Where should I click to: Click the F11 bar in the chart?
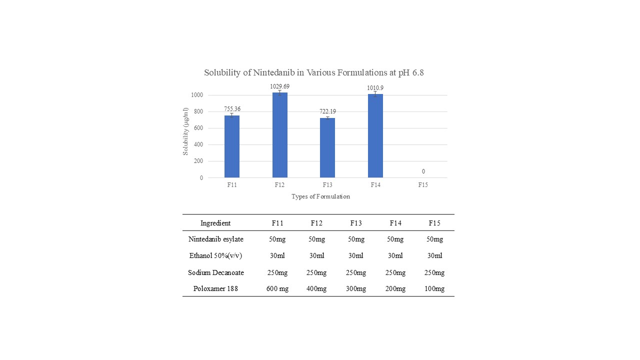tap(231, 146)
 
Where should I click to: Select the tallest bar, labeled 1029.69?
tap(279, 135)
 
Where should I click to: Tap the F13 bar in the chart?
tap(327, 147)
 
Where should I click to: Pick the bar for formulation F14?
tap(375, 136)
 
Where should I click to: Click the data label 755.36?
tap(231, 109)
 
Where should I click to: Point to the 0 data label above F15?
tap(423, 171)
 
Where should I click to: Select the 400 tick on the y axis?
tap(198, 144)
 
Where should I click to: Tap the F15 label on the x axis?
tap(423, 185)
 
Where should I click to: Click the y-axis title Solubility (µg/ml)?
tap(185, 131)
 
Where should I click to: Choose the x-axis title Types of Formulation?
tap(320, 196)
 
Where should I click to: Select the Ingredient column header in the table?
tap(215, 223)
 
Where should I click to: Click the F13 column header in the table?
tap(356, 223)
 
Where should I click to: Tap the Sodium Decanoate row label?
tap(216, 272)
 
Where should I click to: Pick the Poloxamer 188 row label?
tap(216, 289)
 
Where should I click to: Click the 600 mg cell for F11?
tap(277, 289)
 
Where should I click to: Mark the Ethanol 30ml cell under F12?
tap(316, 256)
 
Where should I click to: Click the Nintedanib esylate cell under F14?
tap(395, 239)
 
